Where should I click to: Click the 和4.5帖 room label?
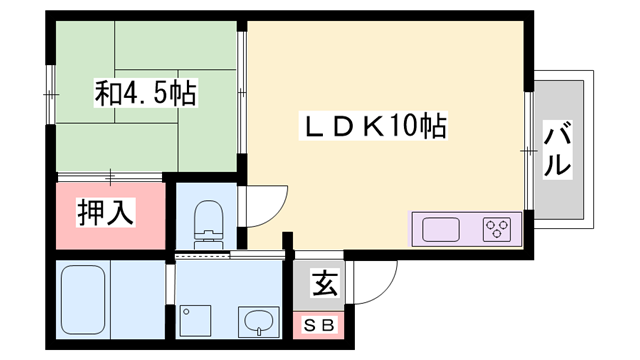point(146,95)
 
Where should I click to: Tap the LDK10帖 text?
point(375,127)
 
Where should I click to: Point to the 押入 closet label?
point(107,213)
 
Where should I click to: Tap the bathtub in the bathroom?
point(82,300)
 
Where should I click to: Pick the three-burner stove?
point(497,229)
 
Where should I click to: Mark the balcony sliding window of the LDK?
point(526,149)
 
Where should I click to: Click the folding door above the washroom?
point(206,256)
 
